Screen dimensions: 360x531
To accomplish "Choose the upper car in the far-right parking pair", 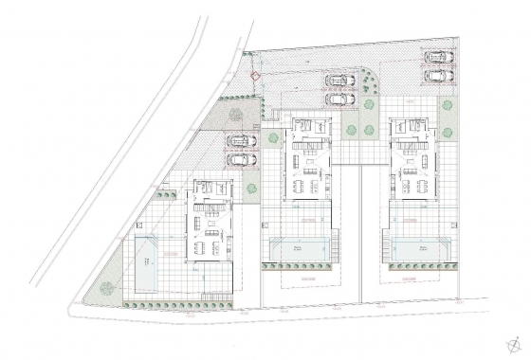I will (437, 56).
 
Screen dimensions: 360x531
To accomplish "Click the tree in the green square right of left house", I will (252, 189).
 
